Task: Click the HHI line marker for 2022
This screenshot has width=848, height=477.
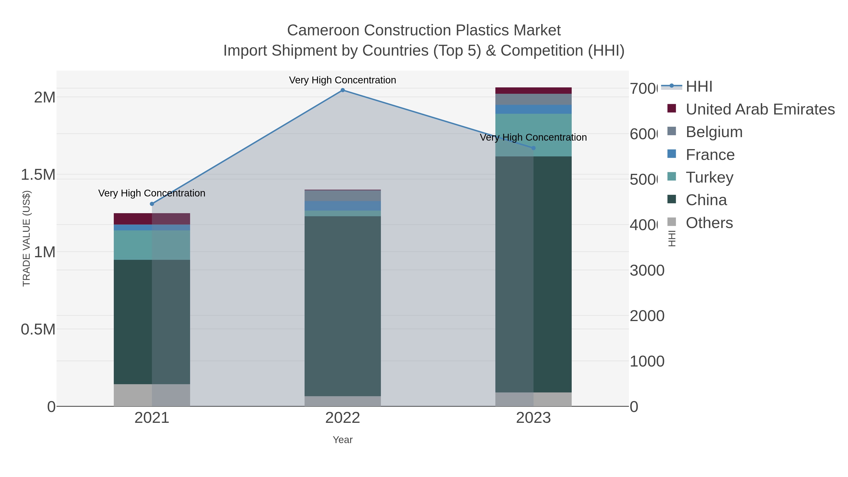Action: tap(342, 90)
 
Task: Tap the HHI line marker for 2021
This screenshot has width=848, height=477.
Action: tap(152, 204)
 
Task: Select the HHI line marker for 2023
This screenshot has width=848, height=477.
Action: tap(533, 148)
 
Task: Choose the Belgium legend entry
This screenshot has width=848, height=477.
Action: tap(714, 132)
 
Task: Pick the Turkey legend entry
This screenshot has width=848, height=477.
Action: tap(709, 177)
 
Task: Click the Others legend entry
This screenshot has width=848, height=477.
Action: tap(709, 223)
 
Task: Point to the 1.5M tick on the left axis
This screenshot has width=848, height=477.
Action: tap(38, 175)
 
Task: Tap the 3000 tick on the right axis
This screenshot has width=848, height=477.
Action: tap(647, 271)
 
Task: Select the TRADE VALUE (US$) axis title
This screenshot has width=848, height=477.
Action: tap(26, 239)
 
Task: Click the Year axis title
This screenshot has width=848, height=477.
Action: tap(342, 440)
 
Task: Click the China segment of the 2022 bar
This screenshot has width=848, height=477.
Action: tap(342, 306)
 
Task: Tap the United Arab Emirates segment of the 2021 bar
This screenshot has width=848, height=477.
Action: tap(152, 219)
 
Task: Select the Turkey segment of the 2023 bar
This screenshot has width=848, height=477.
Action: tap(533, 135)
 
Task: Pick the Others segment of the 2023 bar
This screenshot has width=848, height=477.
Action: tap(533, 399)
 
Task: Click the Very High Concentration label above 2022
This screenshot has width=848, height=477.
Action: tap(342, 80)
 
